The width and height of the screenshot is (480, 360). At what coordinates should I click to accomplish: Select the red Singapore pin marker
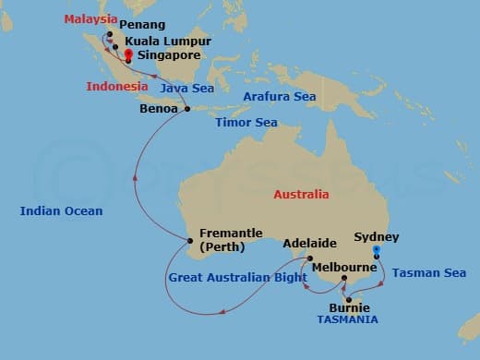point(127,55)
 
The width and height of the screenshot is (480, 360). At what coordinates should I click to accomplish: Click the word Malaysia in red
point(91,18)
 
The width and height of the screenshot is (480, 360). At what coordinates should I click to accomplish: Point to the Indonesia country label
point(117,86)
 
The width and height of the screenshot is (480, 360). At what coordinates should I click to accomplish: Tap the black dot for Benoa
point(187,109)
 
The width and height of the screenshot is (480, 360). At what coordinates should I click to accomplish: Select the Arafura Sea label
point(279,96)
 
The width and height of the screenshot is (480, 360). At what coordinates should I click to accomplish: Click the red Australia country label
point(301,195)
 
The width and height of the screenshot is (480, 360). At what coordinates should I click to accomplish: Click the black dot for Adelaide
point(310,258)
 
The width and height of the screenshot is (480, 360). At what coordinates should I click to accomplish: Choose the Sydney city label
point(376,237)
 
